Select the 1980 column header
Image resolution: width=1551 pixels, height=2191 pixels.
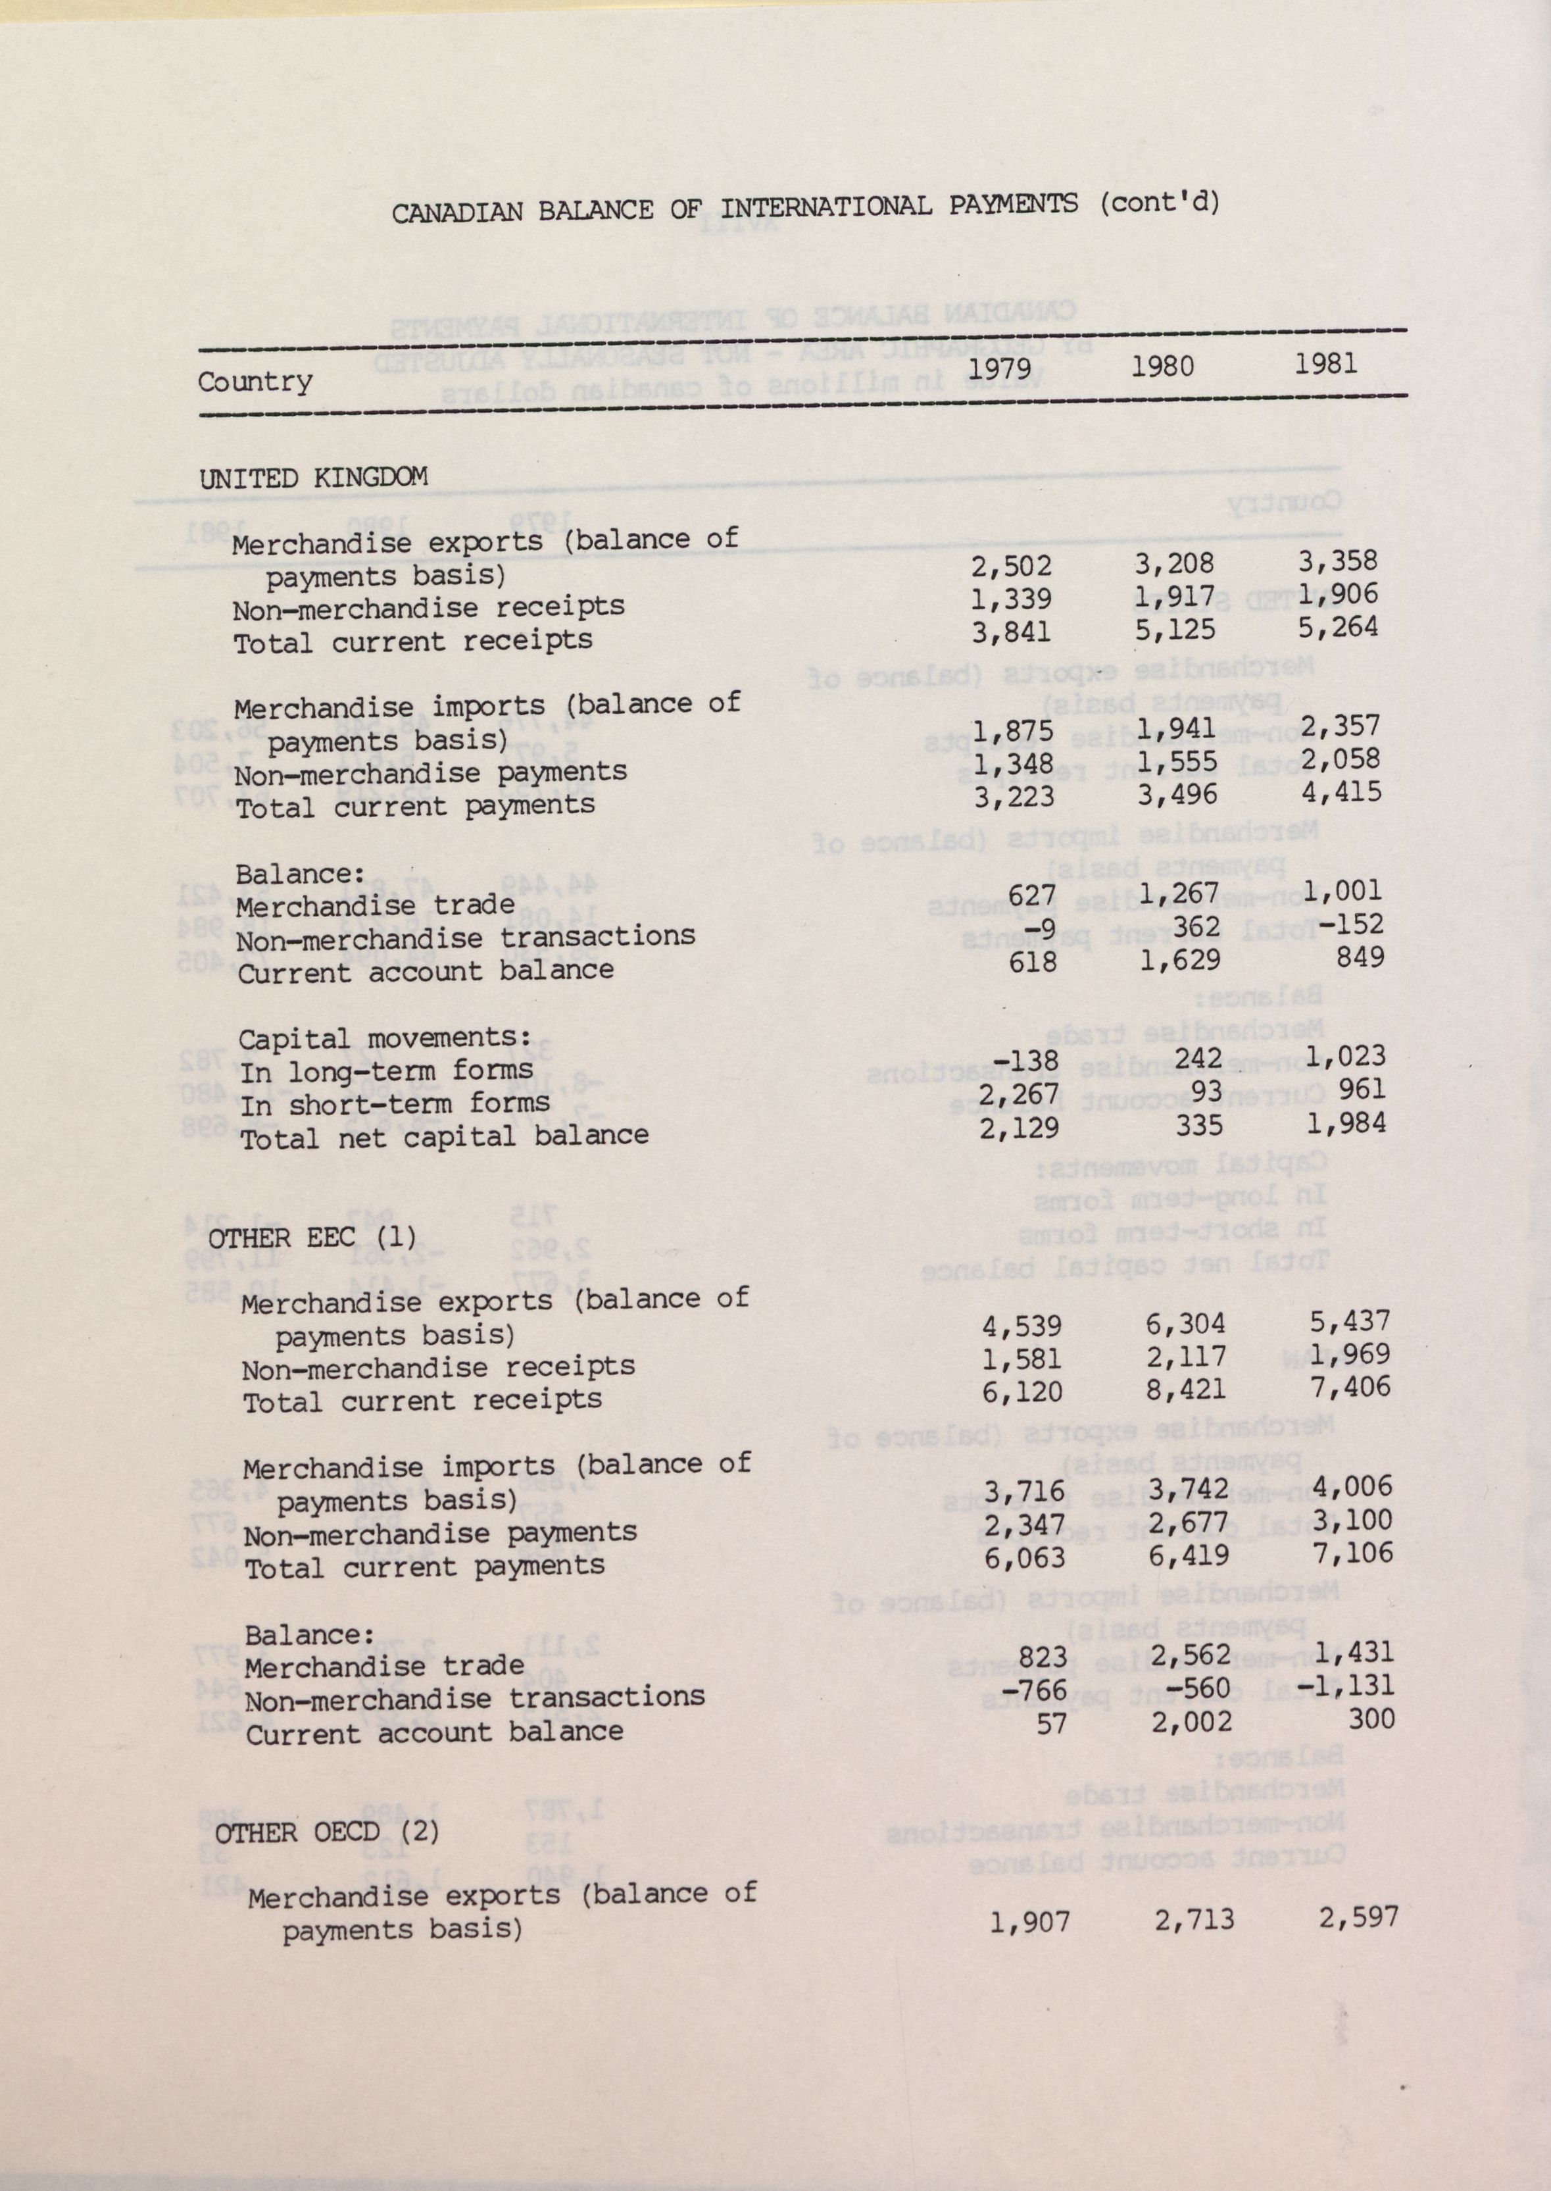1162,366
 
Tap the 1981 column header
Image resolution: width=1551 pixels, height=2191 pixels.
1325,363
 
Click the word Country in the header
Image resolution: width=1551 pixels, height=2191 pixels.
255,382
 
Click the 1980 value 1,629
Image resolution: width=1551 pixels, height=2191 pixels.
1183,959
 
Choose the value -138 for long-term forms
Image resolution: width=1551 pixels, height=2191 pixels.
1025,1060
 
